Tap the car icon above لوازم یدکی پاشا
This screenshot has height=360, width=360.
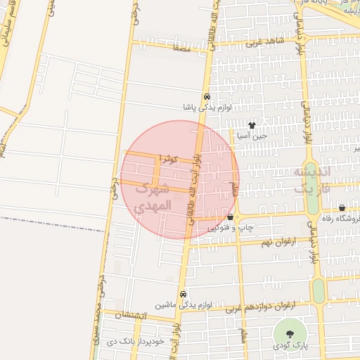pyautogui.click(x=206, y=97)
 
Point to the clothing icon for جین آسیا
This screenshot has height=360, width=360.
pyautogui.click(x=252, y=124)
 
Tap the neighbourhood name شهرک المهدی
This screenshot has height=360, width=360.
pyautogui.click(x=152, y=197)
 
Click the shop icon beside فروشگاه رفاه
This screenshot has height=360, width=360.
pyautogui.click(x=342, y=208)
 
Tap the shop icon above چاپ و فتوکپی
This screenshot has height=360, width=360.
pyautogui.click(x=230, y=217)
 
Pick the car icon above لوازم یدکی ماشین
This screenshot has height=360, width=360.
pyautogui.click(x=183, y=294)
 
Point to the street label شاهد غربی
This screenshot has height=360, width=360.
pyautogui.click(x=264, y=42)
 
